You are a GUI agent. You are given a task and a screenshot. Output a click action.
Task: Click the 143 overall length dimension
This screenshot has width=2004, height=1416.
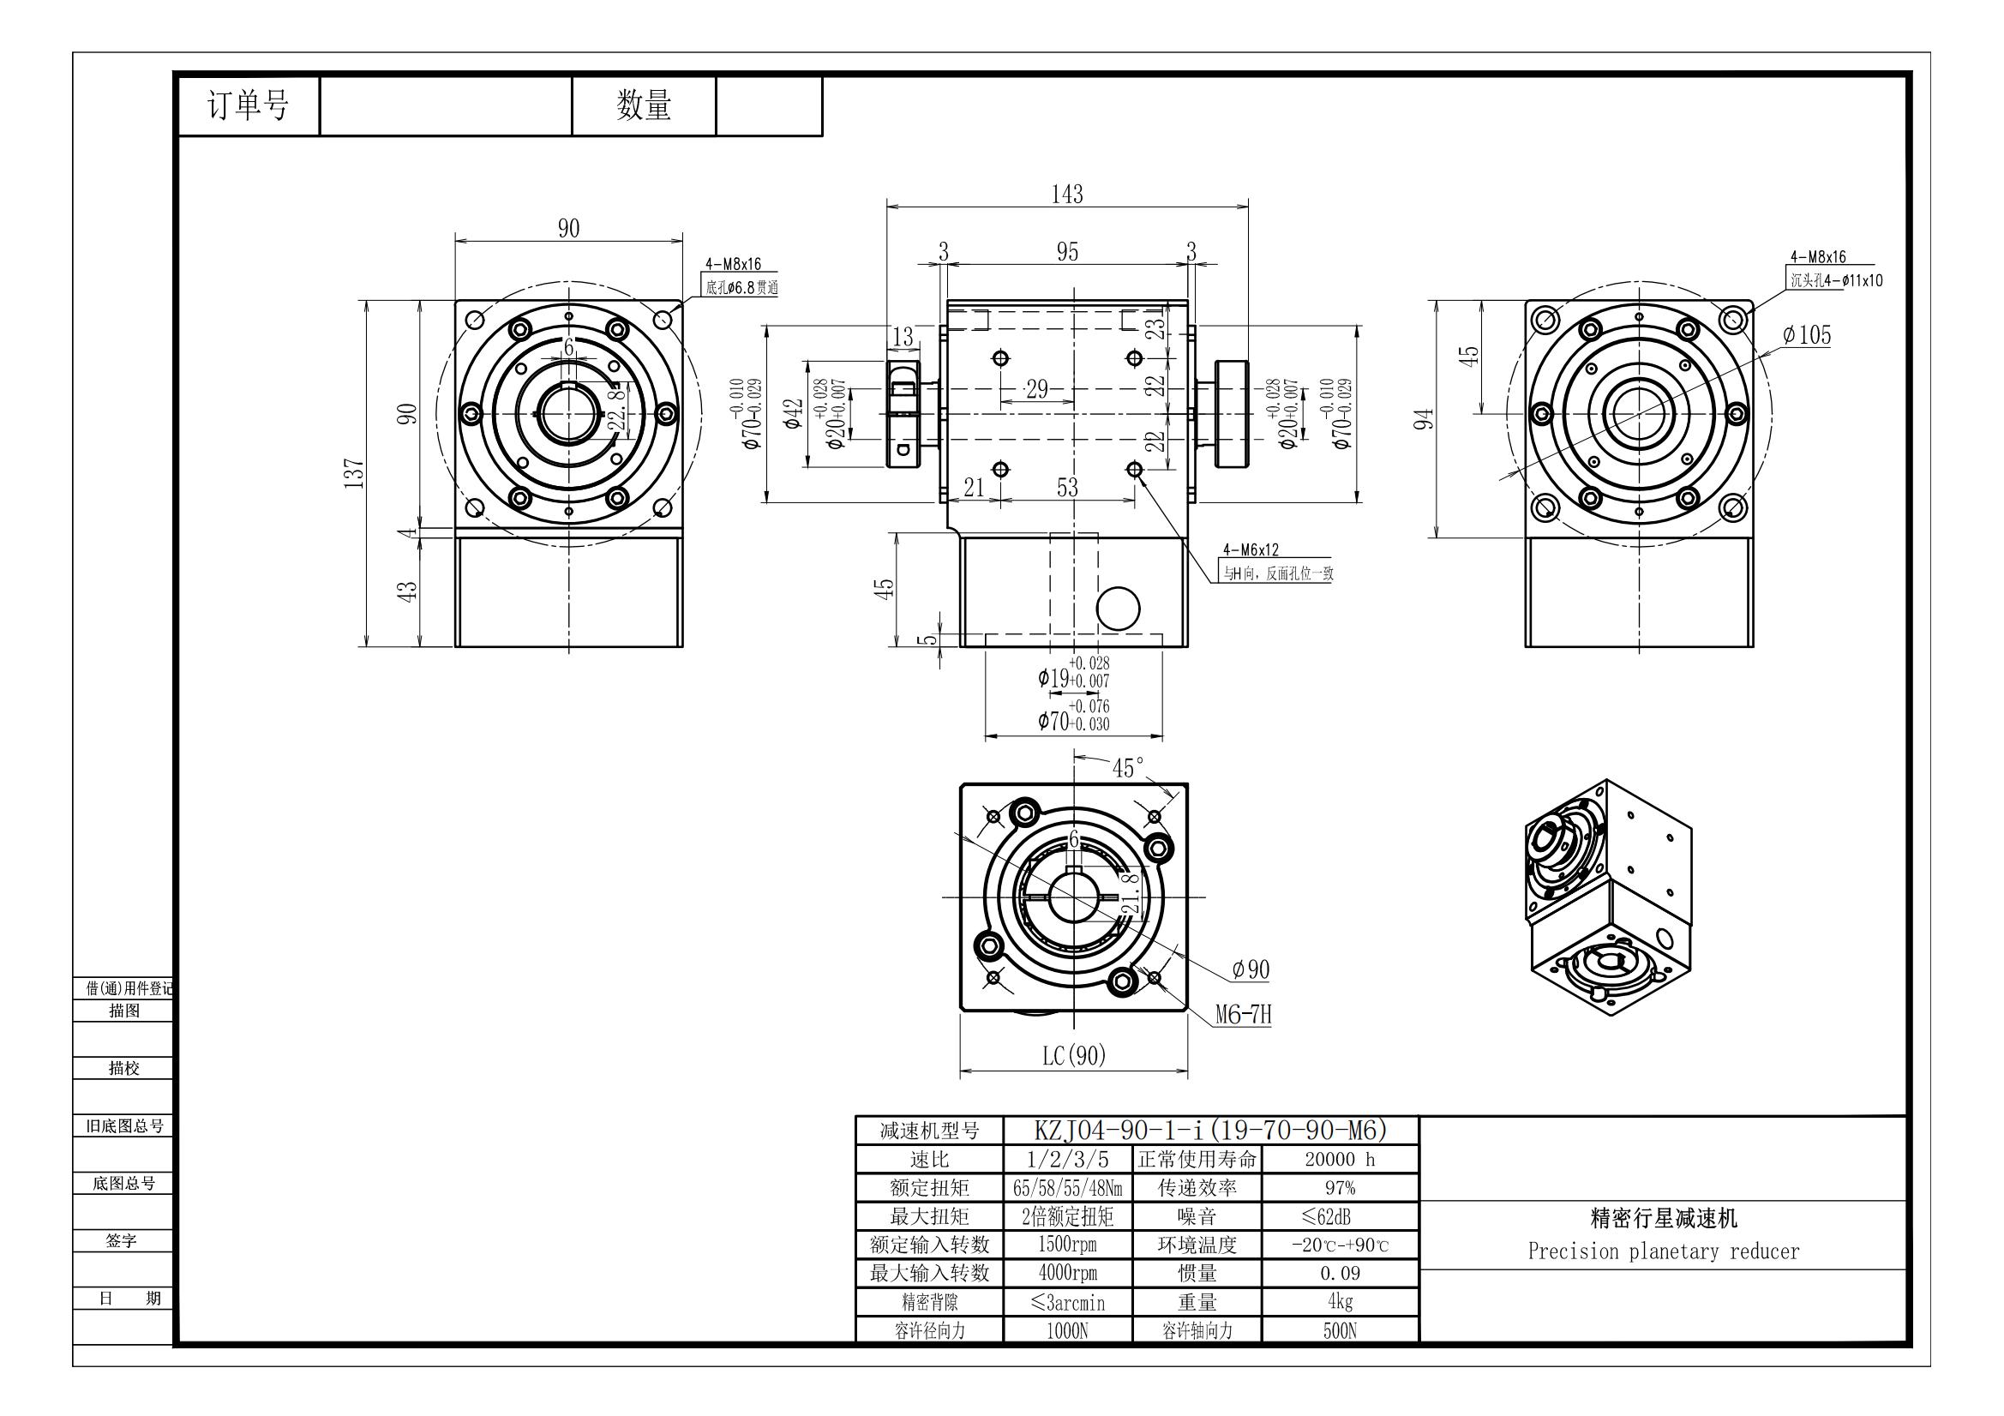click(1066, 194)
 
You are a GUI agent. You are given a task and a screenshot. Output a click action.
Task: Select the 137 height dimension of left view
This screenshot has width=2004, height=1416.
click(353, 473)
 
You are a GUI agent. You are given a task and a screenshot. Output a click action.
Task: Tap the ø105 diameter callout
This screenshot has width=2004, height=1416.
click(1806, 335)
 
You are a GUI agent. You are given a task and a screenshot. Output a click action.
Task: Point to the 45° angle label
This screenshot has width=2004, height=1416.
click(1127, 768)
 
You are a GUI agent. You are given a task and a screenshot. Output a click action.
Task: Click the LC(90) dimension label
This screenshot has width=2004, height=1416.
click(1073, 1056)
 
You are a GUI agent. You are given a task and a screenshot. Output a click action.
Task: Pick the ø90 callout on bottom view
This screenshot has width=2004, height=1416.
click(1250, 969)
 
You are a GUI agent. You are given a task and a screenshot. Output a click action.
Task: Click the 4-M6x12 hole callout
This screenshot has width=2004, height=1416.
click(1250, 550)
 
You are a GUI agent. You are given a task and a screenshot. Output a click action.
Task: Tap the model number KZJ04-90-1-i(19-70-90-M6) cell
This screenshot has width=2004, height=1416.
click(1210, 1131)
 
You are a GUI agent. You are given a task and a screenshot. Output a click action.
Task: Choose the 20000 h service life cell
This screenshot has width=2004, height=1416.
click(1339, 1160)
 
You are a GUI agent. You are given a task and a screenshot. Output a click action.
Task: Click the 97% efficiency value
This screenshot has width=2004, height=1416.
click(1339, 1188)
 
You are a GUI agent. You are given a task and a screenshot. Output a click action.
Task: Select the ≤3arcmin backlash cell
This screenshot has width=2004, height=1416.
click(1067, 1303)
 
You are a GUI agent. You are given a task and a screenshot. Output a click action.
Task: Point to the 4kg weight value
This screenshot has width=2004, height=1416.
click(1339, 1302)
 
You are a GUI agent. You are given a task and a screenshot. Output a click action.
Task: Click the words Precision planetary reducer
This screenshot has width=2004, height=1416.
click(1663, 1252)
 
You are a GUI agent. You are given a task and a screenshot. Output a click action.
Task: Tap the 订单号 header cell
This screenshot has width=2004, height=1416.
click(248, 105)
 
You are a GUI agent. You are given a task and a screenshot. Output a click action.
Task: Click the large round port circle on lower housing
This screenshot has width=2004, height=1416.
click(1117, 608)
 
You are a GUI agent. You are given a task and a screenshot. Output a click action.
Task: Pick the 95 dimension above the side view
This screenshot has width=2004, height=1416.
click(1066, 251)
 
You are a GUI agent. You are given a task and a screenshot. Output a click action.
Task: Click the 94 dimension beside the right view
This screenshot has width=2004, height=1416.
click(1424, 420)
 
